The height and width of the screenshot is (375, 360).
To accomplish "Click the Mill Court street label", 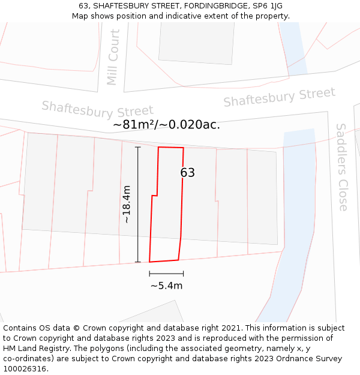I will (x=113, y=58).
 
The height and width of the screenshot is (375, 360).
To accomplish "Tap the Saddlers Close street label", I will (x=342, y=167).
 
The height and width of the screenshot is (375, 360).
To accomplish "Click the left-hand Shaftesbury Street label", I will (x=97, y=110).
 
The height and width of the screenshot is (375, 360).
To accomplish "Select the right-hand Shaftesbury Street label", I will (x=279, y=97).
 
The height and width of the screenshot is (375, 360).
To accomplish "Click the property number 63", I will (x=188, y=173).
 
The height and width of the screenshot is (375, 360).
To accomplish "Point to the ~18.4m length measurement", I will (x=127, y=205).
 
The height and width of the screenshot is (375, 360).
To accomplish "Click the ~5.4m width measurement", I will (x=166, y=286).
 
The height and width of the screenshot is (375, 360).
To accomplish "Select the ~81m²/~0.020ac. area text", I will (x=166, y=125).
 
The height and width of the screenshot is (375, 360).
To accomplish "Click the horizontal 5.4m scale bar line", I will (x=166, y=273).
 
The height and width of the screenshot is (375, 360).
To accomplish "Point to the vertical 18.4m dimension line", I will (x=138, y=205).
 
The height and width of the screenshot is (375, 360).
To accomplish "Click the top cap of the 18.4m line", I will (x=138, y=147).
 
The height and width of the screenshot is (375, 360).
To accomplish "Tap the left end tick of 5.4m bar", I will (x=149, y=273).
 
